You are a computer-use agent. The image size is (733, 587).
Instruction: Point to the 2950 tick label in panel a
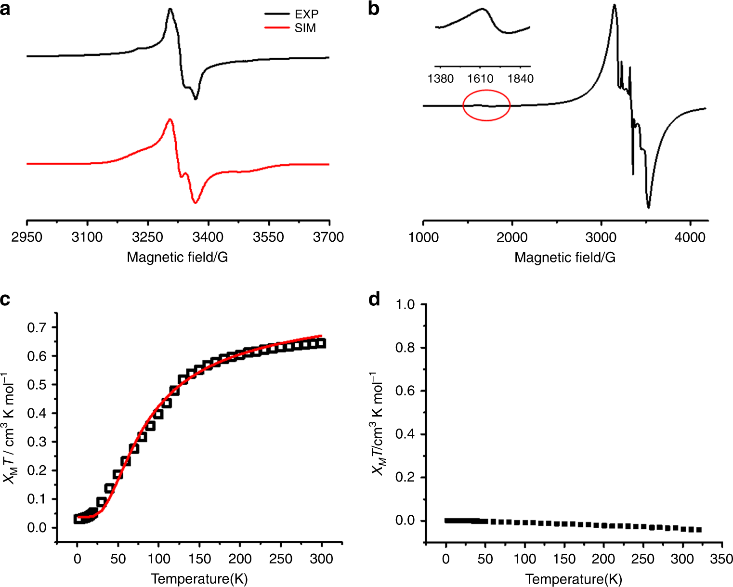(x=27, y=237)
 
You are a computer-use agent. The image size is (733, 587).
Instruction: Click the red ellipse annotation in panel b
(x=486, y=105)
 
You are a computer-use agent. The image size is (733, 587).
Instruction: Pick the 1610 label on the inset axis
(x=480, y=78)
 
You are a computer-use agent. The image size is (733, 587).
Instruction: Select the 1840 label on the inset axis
(x=520, y=78)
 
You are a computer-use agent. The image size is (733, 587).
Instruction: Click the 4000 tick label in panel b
(x=690, y=237)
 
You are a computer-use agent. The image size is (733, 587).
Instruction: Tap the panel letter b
(x=374, y=9)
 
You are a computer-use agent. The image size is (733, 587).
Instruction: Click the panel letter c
(x=5, y=300)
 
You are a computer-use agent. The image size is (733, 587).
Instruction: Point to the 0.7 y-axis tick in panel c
(x=37, y=327)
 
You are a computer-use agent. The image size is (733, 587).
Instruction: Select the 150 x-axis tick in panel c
(x=199, y=559)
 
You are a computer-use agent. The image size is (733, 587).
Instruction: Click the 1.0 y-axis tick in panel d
(x=405, y=304)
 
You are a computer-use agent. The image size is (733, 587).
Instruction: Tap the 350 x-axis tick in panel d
(x=721, y=559)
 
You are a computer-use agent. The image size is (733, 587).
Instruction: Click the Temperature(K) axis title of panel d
(x=574, y=578)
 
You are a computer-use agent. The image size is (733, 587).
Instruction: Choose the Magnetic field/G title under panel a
(x=177, y=257)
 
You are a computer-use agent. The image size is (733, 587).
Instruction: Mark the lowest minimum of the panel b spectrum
(x=649, y=208)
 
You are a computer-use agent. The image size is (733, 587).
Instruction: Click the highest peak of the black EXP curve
(x=170, y=9)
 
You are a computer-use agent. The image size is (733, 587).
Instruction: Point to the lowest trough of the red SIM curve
(x=195, y=203)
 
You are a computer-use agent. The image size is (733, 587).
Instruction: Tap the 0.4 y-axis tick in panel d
(x=405, y=434)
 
